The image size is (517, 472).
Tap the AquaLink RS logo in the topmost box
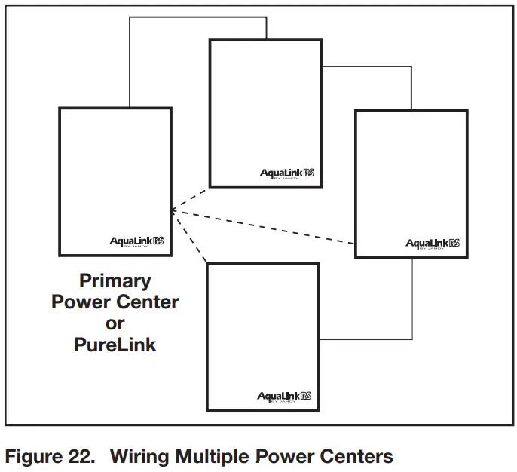tap(286, 173)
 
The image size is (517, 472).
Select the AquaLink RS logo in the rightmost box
tap(433, 244)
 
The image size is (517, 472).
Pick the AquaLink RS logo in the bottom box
tap(284, 397)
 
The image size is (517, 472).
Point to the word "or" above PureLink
tap(115, 323)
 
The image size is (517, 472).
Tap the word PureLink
tap(115, 345)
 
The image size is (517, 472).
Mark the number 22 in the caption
tap(82, 456)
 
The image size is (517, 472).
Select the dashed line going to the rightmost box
tap(264, 227)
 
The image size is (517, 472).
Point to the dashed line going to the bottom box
tap(189, 236)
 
